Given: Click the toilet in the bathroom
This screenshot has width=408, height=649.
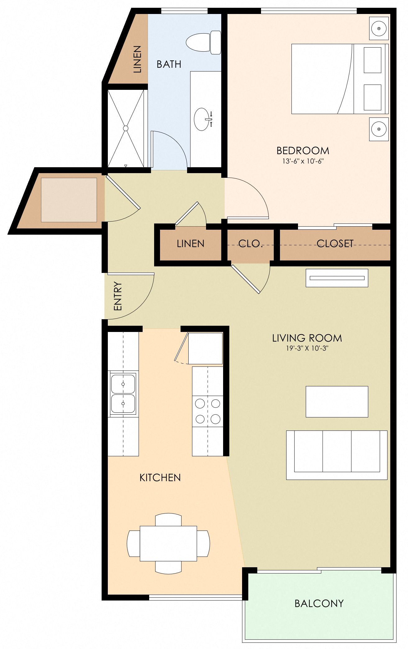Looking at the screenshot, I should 202,43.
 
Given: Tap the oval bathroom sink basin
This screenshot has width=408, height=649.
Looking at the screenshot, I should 202,119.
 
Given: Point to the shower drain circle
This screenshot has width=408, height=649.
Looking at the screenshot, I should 126,128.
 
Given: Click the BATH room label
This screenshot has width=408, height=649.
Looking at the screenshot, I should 169,64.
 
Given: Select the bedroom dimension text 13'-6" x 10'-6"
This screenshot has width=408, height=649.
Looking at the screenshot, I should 303,161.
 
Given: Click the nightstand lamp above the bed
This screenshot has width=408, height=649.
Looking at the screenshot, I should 379,28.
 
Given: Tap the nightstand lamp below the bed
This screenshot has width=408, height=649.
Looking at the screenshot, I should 379,129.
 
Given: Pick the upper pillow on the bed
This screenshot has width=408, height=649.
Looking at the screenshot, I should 372,60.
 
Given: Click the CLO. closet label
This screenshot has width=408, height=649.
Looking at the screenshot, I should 250,244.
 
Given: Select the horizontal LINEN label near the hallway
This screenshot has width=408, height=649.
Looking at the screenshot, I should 190,244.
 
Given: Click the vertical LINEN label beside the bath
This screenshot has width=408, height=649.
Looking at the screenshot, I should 137,59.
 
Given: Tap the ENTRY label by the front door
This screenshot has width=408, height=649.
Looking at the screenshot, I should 118,296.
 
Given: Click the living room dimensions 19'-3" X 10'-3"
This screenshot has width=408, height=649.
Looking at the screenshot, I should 307,348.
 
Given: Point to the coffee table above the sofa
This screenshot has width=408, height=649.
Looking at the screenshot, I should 337,402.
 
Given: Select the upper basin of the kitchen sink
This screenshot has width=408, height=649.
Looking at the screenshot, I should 123,384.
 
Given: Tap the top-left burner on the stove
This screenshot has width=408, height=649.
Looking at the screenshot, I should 200,404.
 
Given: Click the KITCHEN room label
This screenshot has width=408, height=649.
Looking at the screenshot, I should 160,477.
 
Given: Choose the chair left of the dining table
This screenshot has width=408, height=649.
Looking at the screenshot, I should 134,544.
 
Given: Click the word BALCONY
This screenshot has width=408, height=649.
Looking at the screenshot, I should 319,603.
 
